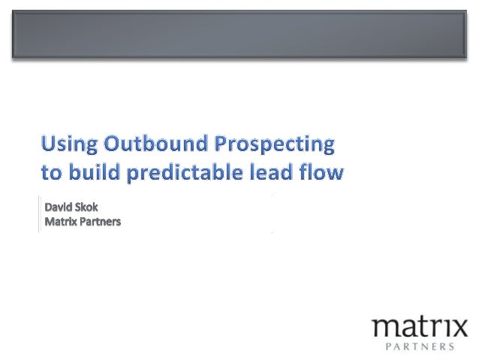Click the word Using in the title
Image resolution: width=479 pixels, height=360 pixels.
point(69,144)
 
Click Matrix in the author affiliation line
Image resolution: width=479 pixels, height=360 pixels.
point(61,222)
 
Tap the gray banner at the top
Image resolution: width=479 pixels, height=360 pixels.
point(239,35)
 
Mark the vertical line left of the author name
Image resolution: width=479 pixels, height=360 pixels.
point(38,213)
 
